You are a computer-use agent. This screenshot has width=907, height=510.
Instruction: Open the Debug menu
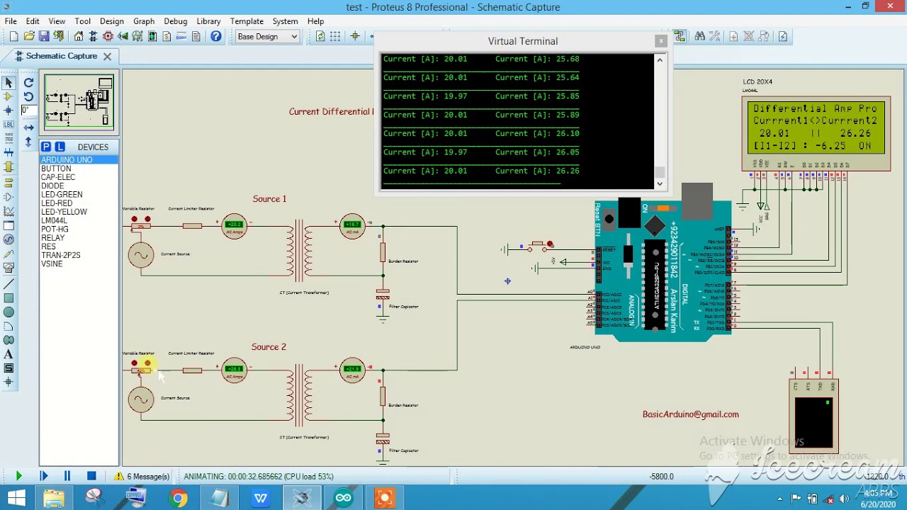[x=175, y=21]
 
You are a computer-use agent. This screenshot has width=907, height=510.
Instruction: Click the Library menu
[x=208, y=21]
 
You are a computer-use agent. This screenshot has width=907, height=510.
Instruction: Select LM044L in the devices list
[x=54, y=220]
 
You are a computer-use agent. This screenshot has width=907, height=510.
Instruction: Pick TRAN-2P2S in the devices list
[x=61, y=255]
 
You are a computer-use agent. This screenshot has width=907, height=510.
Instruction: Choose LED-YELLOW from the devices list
[x=64, y=212]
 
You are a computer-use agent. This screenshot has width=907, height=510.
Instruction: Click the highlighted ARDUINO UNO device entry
[x=67, y=160]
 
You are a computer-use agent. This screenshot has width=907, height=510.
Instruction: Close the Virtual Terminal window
[x=660, y=41]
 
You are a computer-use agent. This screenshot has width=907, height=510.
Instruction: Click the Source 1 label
[x=269, y=199]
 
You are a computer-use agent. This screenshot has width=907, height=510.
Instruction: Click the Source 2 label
[x=269, y=347]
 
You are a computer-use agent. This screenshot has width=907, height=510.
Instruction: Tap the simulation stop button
[x=91, y=477]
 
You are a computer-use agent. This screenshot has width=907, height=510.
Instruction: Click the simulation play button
[x=18, y=477]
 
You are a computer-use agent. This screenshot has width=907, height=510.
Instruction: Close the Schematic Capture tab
[x=107, y=56]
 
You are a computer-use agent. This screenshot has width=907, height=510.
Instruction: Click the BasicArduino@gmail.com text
[x=690, y=414]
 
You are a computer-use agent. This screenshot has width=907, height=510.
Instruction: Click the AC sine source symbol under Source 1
[x=141, y=256]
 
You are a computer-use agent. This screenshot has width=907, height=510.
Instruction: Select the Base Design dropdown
[x=268, y=37]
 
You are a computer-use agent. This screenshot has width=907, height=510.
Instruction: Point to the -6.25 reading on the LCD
[x=829, y=145]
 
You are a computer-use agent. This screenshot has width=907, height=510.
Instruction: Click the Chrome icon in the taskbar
[x=178, y=498]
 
